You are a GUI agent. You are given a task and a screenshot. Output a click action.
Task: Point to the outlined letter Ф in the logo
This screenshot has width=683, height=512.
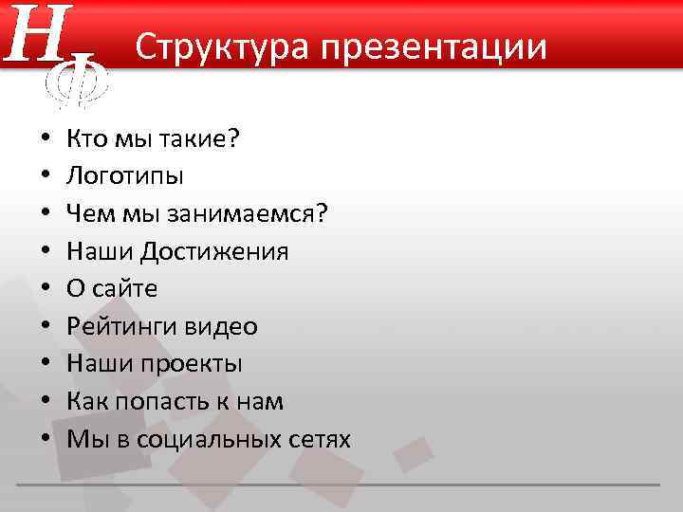(78, 80)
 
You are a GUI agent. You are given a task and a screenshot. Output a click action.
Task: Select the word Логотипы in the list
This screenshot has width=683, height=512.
(125, 176)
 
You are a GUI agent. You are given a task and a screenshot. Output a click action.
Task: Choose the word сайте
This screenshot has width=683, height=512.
(125, 289)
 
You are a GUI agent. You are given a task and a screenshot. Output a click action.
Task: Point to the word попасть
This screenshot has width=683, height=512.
(163, 402)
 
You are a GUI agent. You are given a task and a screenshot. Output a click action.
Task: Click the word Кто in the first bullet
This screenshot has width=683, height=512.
(86, 139)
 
